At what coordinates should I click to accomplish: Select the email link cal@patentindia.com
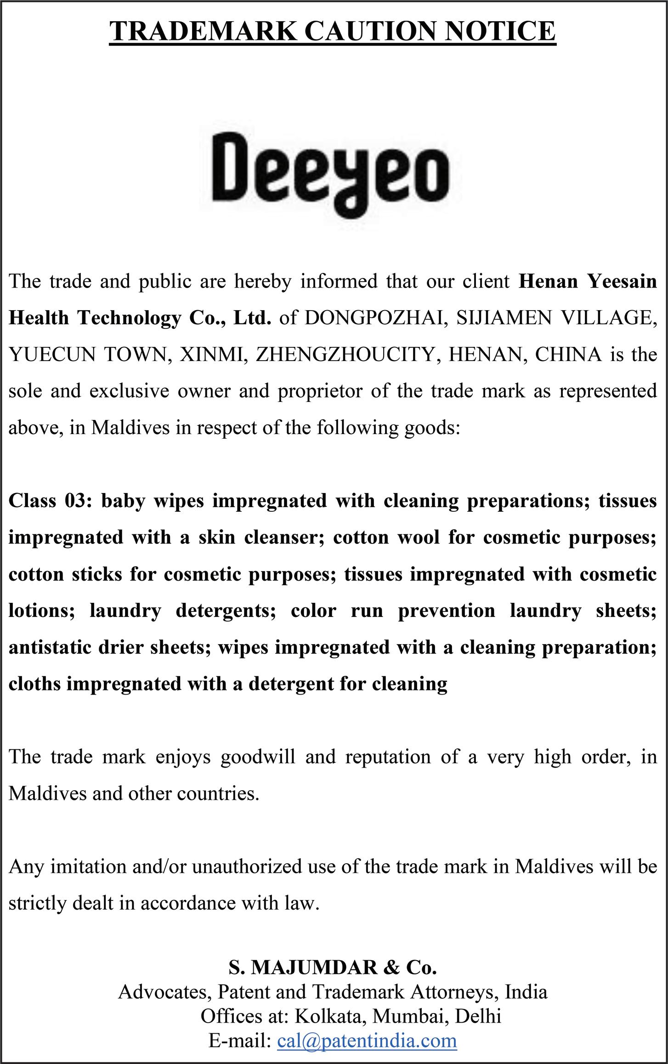tap(367, 1040)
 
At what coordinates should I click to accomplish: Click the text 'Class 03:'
tap(51, 500)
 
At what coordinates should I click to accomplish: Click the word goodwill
tap(257, 757)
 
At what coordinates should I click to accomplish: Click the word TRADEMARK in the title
tap(203, 31)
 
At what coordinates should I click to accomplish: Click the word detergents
tap(226, 611)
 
